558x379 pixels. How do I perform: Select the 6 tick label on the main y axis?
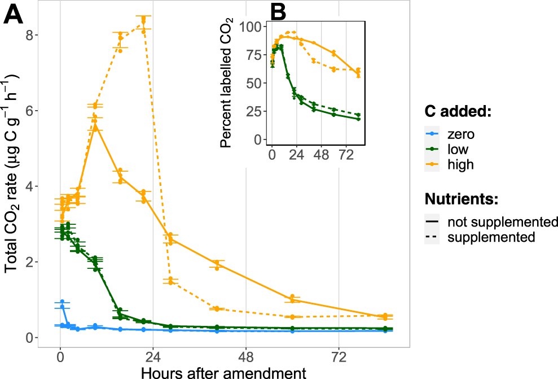(32, 111)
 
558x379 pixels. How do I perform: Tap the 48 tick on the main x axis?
(245, 358)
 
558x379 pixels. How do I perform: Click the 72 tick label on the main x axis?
(338, 358)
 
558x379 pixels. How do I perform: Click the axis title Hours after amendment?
(224, 372)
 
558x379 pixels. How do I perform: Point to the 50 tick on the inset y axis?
(254, 83)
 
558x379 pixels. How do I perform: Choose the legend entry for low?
(459, 150)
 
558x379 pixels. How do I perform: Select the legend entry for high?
(460, 165)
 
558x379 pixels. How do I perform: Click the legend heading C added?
(459, 112)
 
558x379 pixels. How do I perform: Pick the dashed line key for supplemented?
(432, 237)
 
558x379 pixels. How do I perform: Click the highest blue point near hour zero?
(62, 302)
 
